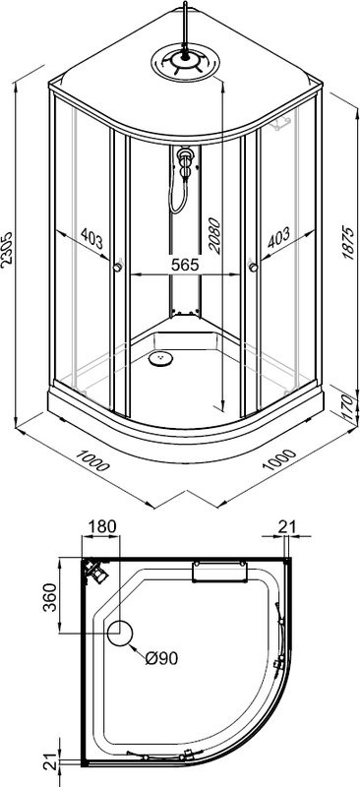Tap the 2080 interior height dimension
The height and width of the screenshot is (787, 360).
pyautogui.click(x=214, y=236)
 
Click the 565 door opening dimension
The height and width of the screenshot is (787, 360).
pyautogui.click(x=185, y=265)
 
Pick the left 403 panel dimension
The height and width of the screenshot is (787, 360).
pyautogui.click(x=91, y=239)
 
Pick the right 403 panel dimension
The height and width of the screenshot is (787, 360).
pyautogui.click(x=278, y=237)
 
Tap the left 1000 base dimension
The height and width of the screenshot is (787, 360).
pyautogui.click(x=92, y=459)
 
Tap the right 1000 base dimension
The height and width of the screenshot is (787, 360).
pyautogui.click(x=279, y=458)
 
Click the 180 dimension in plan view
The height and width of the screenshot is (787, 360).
pyautogui.click(x=102, y=526)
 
